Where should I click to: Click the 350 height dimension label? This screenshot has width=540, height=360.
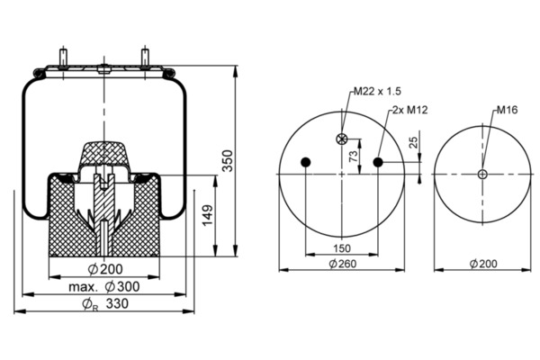228,160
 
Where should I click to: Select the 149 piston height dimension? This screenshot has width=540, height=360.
207,216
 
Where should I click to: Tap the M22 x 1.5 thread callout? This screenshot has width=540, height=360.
377,91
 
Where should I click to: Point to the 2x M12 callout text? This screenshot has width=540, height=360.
410,110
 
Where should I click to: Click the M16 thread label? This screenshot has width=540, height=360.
507,110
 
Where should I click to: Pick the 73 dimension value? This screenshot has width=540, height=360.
354,156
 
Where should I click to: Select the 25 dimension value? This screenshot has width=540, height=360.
414,142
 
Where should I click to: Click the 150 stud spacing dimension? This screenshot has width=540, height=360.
342,248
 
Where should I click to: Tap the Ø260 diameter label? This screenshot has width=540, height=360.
342,264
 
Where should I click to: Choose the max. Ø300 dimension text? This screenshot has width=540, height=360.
104,286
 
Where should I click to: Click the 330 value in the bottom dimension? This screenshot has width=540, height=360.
117,303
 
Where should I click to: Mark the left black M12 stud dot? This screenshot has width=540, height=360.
305,162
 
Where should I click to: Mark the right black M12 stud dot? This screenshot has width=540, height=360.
378,162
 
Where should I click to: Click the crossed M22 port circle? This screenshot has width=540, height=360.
342,139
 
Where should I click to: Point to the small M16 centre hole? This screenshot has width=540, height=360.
482,174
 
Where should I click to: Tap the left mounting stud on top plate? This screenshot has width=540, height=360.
63,58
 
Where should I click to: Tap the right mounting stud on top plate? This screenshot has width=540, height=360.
145,58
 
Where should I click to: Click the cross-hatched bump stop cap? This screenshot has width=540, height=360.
103,154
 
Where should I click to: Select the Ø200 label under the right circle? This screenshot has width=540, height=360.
483,264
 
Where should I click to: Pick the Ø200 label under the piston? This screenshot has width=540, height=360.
105,269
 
